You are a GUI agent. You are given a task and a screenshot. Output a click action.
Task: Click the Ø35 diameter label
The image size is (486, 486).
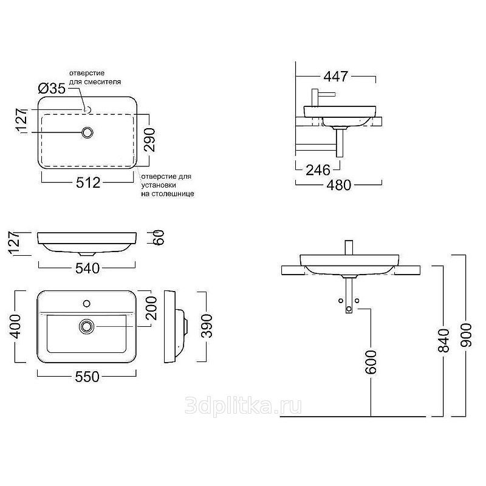coord(52,89)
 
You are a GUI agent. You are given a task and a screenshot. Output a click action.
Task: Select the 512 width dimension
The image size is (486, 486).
coord(88,183)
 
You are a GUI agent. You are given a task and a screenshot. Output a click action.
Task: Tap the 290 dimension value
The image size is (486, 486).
coord(150,140)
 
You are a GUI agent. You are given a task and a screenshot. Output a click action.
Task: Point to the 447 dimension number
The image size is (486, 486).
coord(336,77)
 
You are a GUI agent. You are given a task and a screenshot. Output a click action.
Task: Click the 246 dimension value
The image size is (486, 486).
coord(318,170)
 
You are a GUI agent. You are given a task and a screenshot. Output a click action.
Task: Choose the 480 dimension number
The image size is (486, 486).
coord(339,185)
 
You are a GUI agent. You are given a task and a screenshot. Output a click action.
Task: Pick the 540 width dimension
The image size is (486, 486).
coord(87,268)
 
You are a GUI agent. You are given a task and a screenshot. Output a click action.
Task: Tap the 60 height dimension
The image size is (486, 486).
coord(158,238)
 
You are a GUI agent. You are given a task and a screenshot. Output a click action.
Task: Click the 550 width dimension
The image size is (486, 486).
coord(87,376)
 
